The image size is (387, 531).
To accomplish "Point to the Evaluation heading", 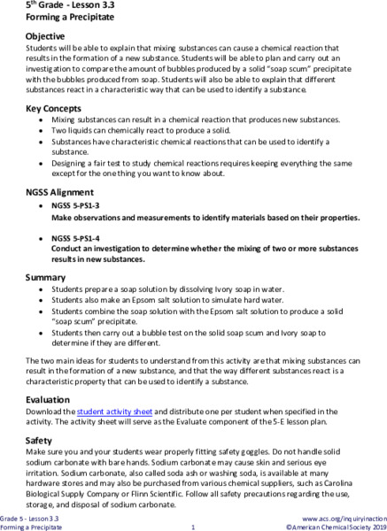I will point(50,375).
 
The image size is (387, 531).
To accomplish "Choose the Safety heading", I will point(41,415).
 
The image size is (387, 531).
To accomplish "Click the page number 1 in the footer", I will point(192,527).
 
